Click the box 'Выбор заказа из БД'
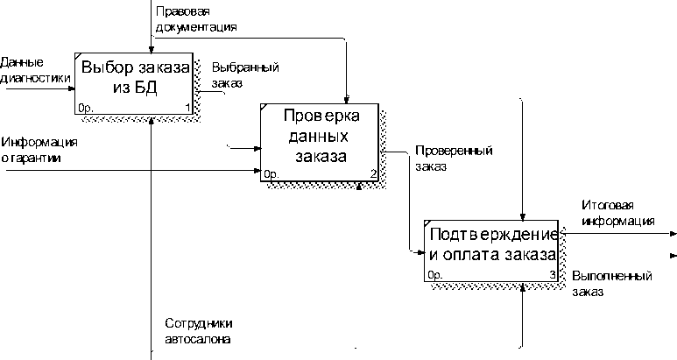click(x=134, y=79)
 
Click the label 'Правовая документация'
click(x=195, y=20)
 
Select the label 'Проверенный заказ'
click(x=451, y=158)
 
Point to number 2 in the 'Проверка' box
click(x=374, y=173)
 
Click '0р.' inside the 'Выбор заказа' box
click(x=85, y=108)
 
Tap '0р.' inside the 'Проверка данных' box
click(x=271, y=173)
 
